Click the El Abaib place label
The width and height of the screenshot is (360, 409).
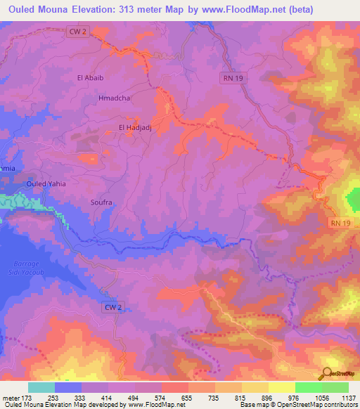click(x=91, y=78)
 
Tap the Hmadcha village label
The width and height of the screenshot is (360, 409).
click(x=115, y=99)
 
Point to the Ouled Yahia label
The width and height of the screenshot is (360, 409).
click(x=46, y=183)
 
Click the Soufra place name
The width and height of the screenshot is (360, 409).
click(x=101, y=202)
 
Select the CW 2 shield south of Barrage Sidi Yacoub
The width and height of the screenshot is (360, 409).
click(x=112, y=307)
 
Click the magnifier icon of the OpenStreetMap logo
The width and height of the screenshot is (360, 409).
click(x=327, y=372)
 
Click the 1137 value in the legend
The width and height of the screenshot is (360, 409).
click(x=348, y=398)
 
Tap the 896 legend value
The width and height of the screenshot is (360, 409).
click(x=268, y=398)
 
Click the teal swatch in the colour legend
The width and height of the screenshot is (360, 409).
click(x=41, y=387)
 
